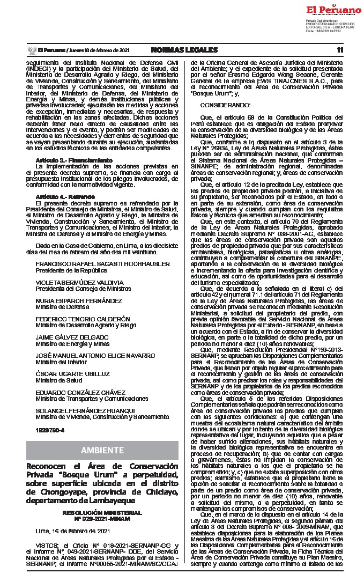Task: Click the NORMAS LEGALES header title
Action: (x=184, y=50)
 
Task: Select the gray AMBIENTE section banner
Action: (x=102, y=450)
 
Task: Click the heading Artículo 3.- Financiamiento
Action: (x=66, y=161)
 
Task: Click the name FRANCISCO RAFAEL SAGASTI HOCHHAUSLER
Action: (x=102, y=264)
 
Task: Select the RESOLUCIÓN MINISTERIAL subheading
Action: (x=102, y=512)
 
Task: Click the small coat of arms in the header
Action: (x=31, y=50)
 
